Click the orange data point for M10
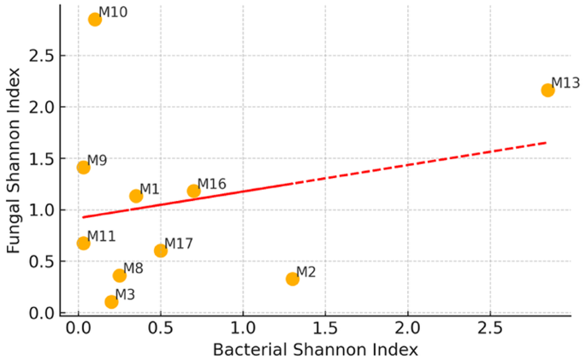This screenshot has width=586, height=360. [95, 20]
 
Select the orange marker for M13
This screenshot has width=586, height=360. [548, 90]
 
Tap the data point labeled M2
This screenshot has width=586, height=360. [293, 279]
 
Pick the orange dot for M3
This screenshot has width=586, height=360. [111, 302]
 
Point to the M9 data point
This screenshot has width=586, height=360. [83, 167]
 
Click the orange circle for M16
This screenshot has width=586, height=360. [193, 191]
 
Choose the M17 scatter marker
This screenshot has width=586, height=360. [161, 251]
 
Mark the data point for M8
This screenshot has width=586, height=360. [120, 275]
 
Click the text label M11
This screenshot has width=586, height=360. [101, 235]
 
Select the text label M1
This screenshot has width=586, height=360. [150, 189]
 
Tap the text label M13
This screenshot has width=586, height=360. [565, 83]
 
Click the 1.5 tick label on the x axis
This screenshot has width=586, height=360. [325, 328]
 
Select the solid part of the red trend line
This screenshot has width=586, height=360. [188, 200]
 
